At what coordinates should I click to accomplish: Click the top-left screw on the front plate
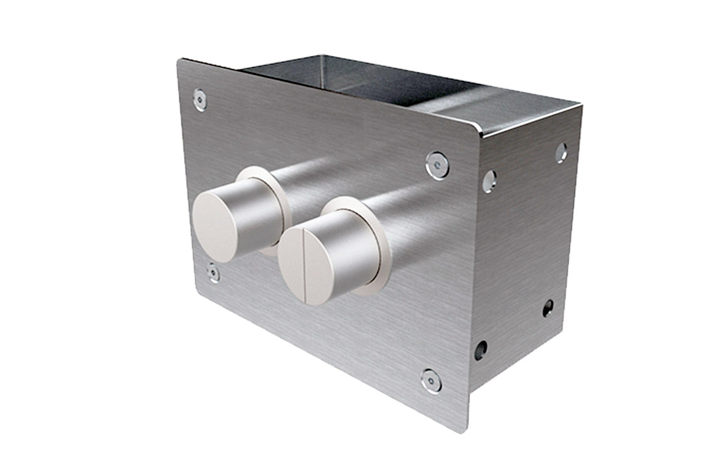click(200, 100)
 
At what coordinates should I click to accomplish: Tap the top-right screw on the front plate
click(437, 165)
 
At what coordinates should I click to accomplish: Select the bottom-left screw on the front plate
click(214, 273)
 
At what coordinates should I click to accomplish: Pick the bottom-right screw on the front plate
click(431, 381)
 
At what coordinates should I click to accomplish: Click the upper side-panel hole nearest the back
click(561, 152)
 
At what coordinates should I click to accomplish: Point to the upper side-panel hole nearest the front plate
click(489, 181)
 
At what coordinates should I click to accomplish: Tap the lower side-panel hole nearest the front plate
click(480, 349)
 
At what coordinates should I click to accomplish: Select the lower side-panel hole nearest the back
click(548, 308)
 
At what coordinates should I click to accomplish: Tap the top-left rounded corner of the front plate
click(181, 63)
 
